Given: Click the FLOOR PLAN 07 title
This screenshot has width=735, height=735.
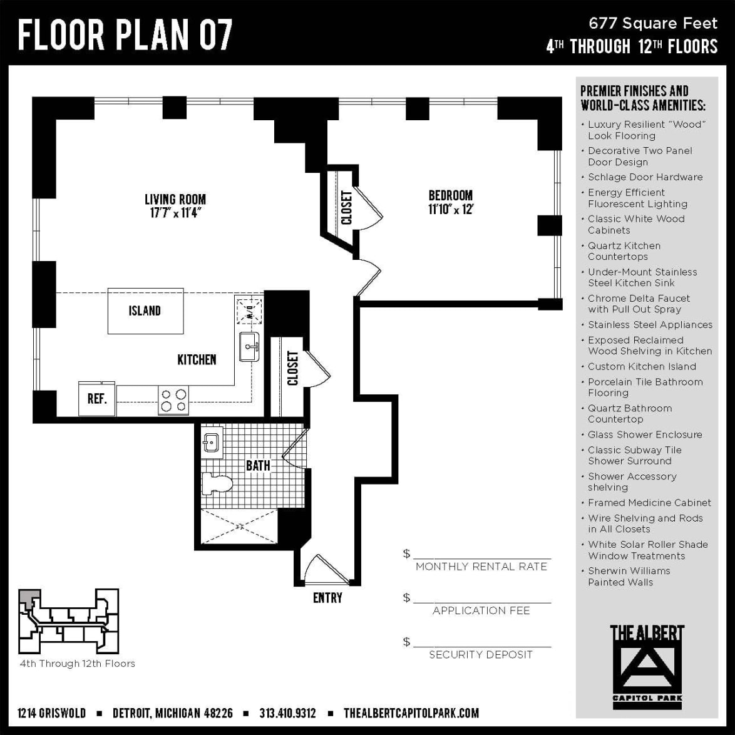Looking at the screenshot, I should [x=125, y=34].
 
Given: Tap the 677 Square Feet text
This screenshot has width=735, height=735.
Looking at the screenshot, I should [x=652, y=24].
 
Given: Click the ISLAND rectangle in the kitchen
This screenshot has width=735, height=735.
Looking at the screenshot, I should [x=145, y=311].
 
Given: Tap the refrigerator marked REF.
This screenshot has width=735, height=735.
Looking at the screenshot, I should [x=97, y=399].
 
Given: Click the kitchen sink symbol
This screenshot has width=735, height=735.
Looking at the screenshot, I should [x=249, y=346].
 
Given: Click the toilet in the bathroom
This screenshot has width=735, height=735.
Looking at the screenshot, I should [x=217, y=483].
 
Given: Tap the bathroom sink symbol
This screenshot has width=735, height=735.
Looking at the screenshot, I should [x=212, y=443].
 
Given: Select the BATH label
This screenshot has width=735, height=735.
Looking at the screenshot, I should [x=258, y=466].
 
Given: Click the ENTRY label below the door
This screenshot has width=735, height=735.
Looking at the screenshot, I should [x=327, y=598].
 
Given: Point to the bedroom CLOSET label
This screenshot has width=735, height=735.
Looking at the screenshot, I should [x=346, y=207].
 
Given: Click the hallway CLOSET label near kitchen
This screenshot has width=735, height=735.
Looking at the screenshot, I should [x=292, y=368].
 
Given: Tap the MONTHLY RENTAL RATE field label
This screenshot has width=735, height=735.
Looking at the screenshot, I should [x=481, y=567].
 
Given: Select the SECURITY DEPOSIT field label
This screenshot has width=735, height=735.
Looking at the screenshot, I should [x=481, y=655].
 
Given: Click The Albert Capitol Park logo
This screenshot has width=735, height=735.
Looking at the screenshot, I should [x=647, y=664].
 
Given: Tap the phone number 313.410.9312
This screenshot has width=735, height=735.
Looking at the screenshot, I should [x=287, y=713].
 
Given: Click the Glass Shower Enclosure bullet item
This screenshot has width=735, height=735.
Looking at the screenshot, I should [x=644, y=434].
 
